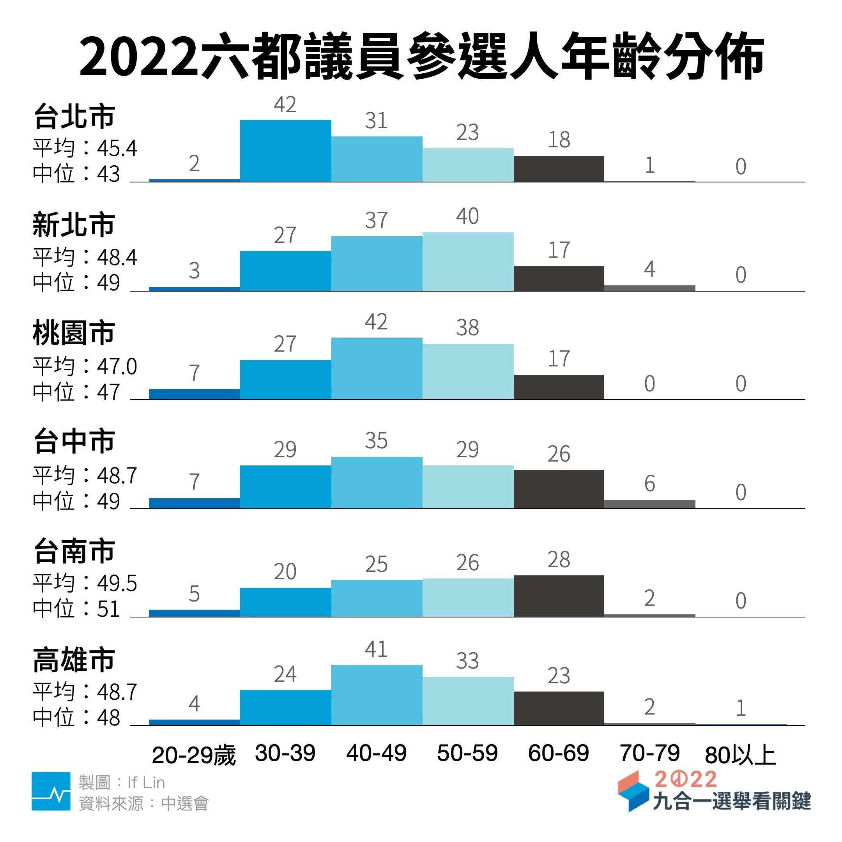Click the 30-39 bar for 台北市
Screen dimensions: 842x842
point(285,151)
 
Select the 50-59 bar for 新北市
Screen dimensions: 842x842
point(468,262)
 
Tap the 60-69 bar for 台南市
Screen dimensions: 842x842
point(559,596)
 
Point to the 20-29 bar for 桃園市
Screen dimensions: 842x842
point(195,394)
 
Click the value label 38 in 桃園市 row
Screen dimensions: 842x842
point(467,328)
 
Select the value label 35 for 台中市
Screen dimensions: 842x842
point(376,440)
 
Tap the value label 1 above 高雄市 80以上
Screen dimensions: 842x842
point(741,708)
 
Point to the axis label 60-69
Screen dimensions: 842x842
point(558,753)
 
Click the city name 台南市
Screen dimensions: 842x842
point(74,551)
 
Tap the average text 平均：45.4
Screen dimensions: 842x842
point(85,149)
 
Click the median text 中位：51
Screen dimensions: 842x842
point(76,609)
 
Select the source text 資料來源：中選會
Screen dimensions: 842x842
point(143,803)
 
